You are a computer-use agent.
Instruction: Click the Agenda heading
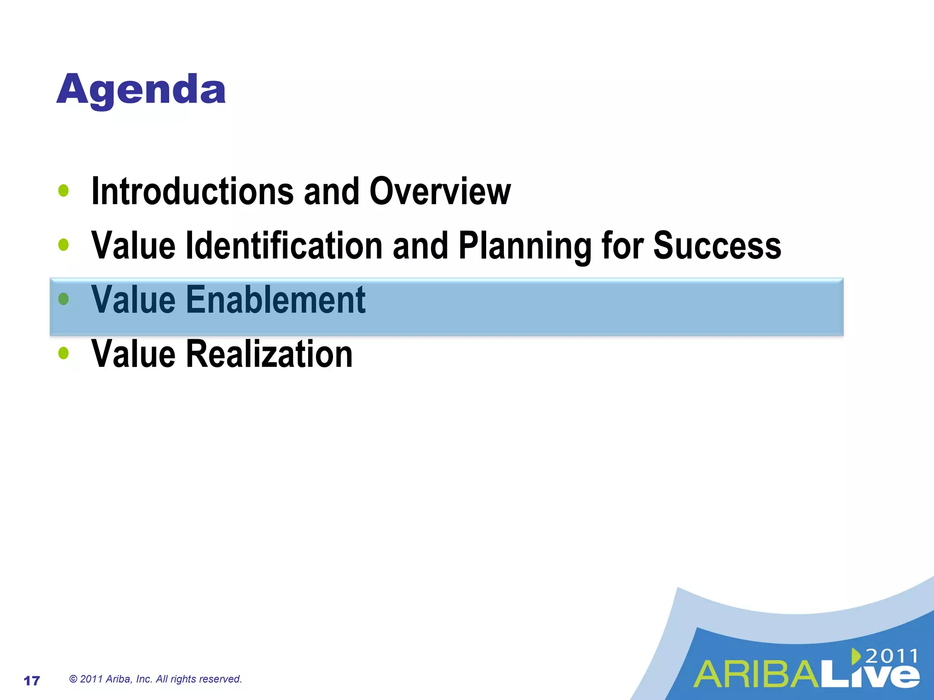(x=141, y=90)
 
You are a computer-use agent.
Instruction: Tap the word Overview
(x=440, y=191)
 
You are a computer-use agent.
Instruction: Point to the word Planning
(x=524, y=246)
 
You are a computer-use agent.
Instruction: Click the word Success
(x=717, y=246)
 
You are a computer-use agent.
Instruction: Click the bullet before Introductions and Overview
(x=64, y=191)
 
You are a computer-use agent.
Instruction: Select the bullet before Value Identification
(x=64, y=245)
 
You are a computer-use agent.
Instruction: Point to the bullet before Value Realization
(x=64, y=353)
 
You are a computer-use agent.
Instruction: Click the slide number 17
(x=32, y=681)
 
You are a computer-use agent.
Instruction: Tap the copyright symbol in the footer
(x=73, y=679)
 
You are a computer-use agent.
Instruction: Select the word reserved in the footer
(x=223, y=679)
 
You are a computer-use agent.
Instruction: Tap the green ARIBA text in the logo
(x=757, y=675)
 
